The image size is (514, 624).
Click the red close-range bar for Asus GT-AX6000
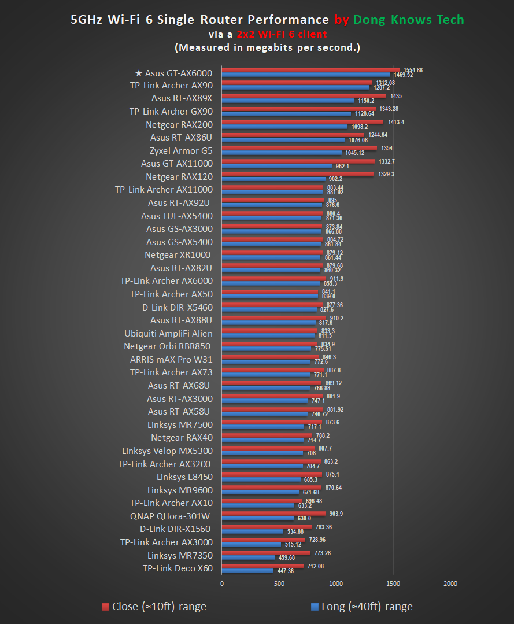coord(310,70)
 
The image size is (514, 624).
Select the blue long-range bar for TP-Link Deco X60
coord(247,571)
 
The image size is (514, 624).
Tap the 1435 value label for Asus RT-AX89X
coord(396,96)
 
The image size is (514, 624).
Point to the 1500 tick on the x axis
coord(393,584)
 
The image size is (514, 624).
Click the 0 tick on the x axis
coord(222,584)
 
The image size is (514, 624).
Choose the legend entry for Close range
coord(154,607)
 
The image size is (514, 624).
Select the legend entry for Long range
coord(361,607)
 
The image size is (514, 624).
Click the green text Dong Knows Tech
coord(408,20)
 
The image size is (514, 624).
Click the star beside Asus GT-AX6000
coord(138,73)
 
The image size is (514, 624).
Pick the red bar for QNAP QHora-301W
coord(273,513)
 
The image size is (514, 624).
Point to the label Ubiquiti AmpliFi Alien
coord(168,333)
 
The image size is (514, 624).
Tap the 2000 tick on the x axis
coord(450,584)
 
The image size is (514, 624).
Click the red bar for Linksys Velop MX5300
coord(268,448)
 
